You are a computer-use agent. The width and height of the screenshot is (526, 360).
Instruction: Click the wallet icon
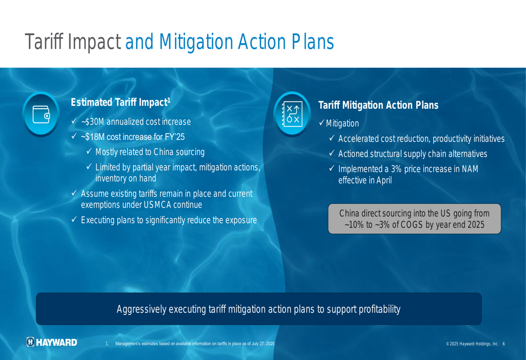point(41,114)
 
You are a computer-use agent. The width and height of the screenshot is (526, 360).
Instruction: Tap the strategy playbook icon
point(292,114)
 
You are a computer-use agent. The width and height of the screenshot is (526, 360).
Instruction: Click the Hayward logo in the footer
point(52,342)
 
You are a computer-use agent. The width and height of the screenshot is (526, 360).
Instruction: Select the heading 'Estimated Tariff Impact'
point(120,102)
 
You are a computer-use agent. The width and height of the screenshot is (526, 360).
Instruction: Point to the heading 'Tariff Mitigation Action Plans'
point(378,105)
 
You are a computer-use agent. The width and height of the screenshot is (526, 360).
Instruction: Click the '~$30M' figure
point(93,122)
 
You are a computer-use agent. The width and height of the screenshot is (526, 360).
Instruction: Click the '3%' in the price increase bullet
point(396,169)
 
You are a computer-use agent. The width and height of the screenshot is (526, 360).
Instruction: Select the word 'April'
point(384,180)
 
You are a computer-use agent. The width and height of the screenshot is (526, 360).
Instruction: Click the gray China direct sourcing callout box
point(414,219)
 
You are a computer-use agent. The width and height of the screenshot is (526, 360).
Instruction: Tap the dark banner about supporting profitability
point(259,308)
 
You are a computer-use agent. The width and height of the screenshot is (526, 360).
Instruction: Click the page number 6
point(503,344)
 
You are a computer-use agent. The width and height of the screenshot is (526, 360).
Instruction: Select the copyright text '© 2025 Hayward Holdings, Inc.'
point(472,344)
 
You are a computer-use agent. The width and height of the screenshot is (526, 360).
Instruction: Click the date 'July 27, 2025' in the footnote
point(263,344)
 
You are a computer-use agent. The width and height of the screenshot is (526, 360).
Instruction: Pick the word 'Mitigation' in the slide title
point(196,42)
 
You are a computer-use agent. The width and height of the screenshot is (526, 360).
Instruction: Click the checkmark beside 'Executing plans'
point(74,220)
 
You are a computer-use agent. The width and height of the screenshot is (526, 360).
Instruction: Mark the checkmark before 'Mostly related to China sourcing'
point(89,151)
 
